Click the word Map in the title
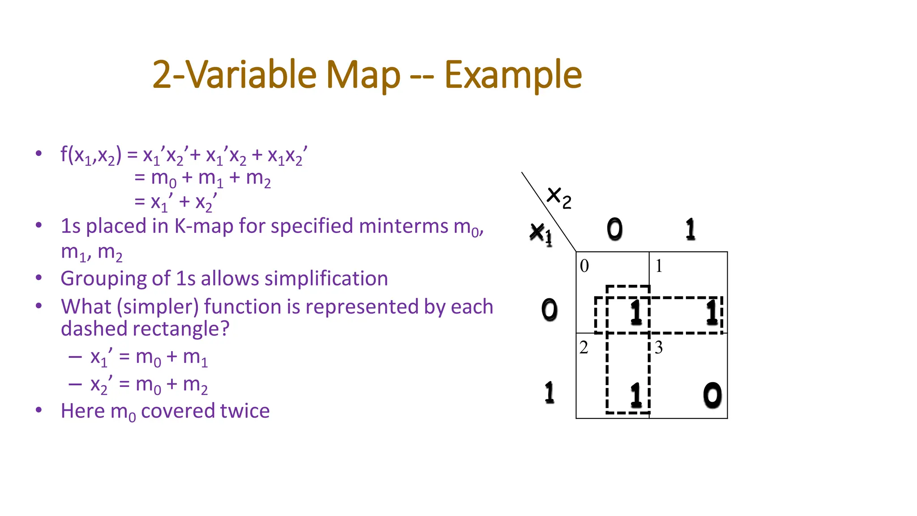coord(363,75)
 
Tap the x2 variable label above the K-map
coord(559,198)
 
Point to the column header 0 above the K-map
coord(614,229)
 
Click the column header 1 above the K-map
coord(690,229)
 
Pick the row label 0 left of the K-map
coord(549,310)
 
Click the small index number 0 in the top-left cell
coord(584,266)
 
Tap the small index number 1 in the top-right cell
coord(659,266)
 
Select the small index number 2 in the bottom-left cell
coord(584,348)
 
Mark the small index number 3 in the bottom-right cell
coord(659,348)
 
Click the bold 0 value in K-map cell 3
coord(712,396)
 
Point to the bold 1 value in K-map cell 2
coord(636,396)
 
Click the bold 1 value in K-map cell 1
coord(712,312)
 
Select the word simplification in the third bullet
coord(326,279)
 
